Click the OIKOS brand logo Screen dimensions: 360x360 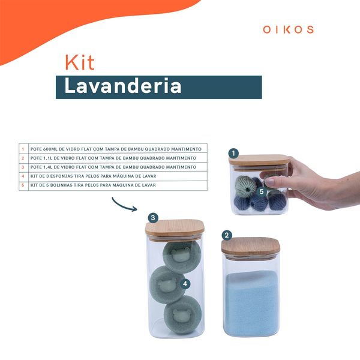(x=288, y=29)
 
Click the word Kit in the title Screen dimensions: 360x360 (x=80, y=62)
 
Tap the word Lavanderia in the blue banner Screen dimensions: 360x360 (x=123, y=86)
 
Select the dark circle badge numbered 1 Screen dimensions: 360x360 (x=233, y=153)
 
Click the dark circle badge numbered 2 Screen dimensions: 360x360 (x=227, y=235)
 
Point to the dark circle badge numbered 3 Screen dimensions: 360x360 (x=153, y=218)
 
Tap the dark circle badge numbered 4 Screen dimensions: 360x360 (x=185, y=284)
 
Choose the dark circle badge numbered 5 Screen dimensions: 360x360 (x=261, y=191)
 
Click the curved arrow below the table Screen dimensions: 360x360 (x=124, y=205)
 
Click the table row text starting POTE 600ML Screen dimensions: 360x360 (x=116, y=149)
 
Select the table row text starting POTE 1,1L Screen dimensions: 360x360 (x=113, y=158)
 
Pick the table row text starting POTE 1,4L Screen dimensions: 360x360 (x=113, y=167)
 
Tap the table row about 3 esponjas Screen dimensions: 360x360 (x=93, y=176)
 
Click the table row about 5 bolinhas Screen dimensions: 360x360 (x=93, y=185)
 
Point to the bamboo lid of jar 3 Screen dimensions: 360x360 (x=175, y=227)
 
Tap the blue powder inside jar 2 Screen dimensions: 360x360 (x=251, y=303)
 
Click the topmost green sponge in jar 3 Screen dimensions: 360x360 (x=182, y=256)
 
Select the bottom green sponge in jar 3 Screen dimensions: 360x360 (x=183, y=315)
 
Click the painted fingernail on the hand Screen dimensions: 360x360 (x=269, y=182)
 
